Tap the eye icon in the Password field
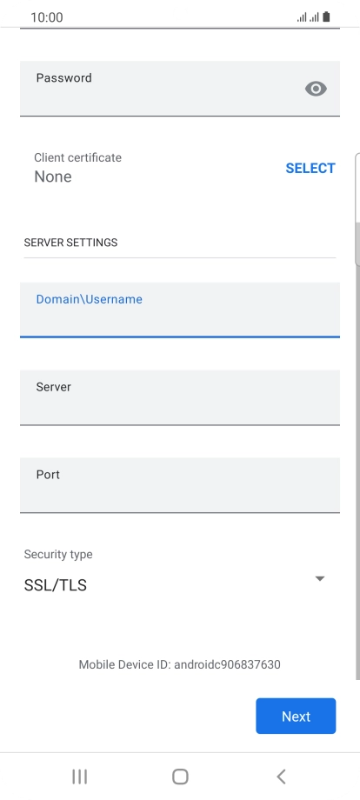coord(316,89)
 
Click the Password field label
coord(63,78)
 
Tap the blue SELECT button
coord(310,169)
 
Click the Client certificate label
coord(77,157)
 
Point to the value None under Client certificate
coord(52,177)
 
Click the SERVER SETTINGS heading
coord(70,243)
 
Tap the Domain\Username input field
coord(180,310)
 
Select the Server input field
coord(180,397)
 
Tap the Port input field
coord(180,485)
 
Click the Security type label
coord(58,555)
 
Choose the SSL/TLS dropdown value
coord(55,585)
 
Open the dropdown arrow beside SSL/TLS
coord(320,578)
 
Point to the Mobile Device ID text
coord(179,664)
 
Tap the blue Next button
coord(296,716)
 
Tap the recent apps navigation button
coord(79,777)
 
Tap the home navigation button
coord(180,777)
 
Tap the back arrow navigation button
coord(281,777)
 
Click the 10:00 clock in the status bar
coord(47,17)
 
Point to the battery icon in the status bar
coord(326,17)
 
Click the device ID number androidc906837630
coord(228,664)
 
